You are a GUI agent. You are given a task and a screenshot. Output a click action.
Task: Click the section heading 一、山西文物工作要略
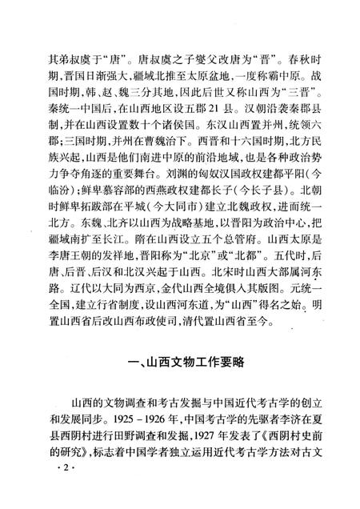[180, 361]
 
